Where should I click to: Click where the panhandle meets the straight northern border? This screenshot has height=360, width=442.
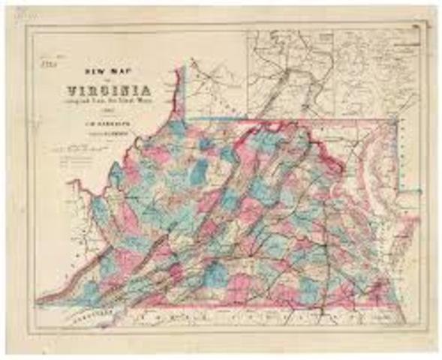[187, 118]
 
